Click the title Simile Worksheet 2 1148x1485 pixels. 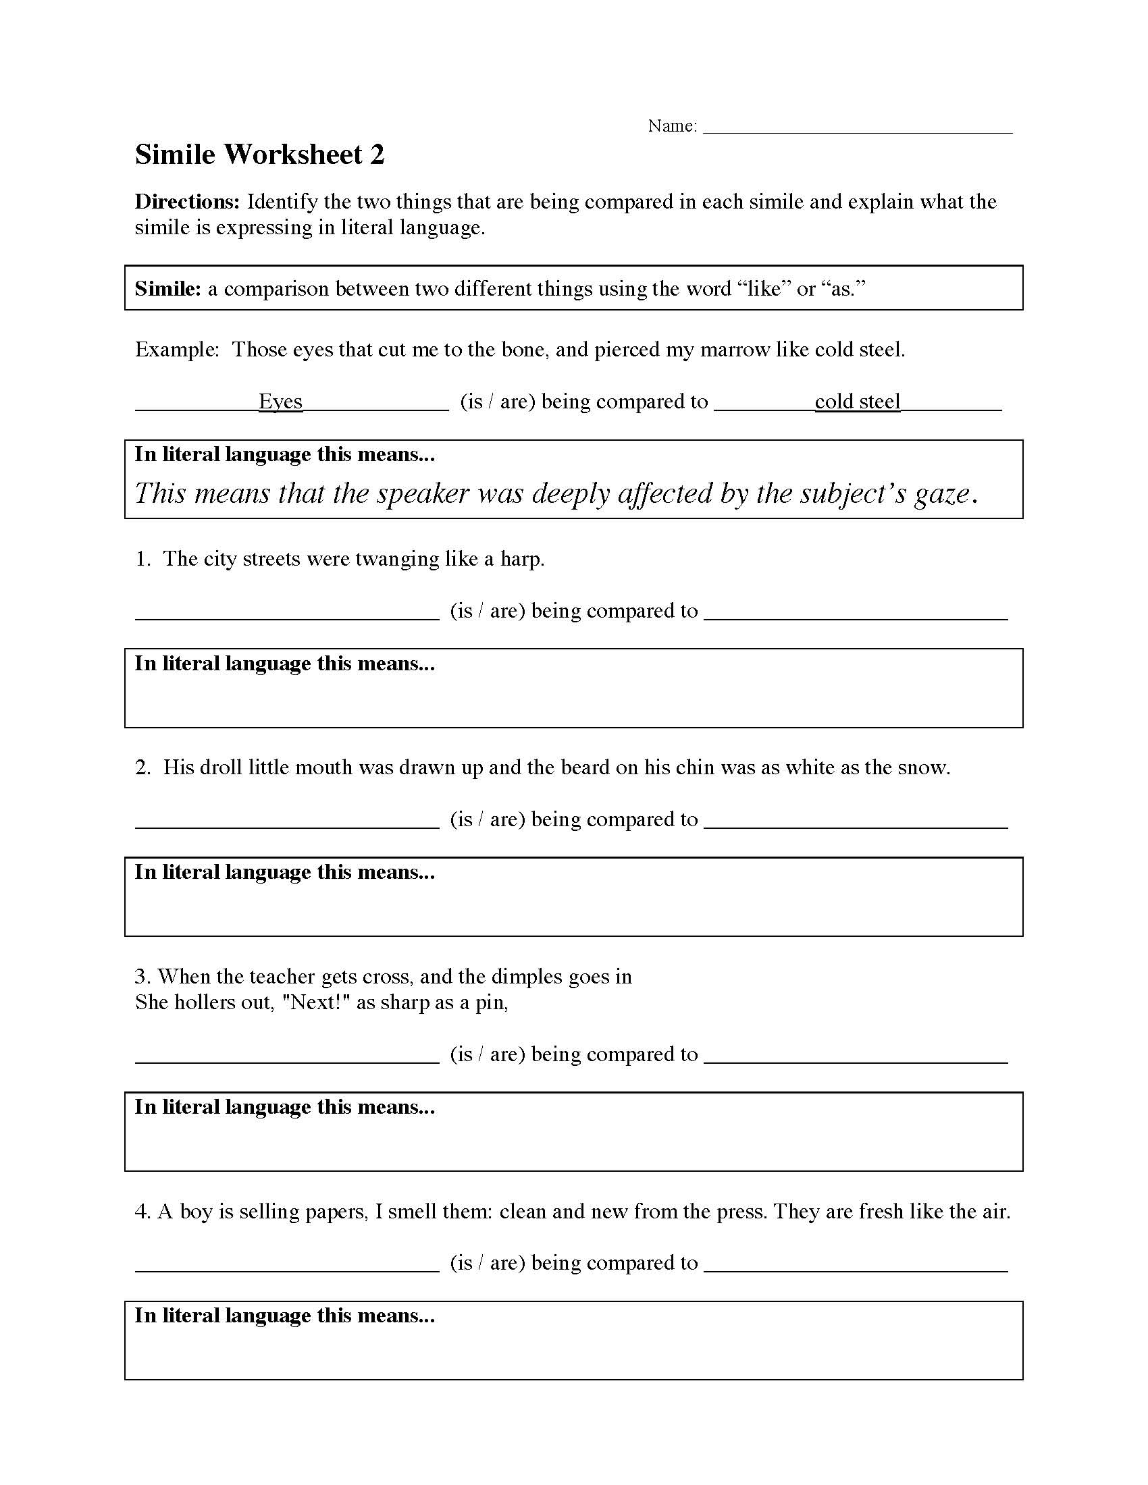259,155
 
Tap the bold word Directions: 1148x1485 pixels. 187,202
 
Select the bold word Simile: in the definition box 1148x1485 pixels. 167,289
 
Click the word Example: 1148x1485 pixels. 177,350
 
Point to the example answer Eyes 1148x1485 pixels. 280,401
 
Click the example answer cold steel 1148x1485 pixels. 857,401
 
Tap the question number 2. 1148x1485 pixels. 141,767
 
